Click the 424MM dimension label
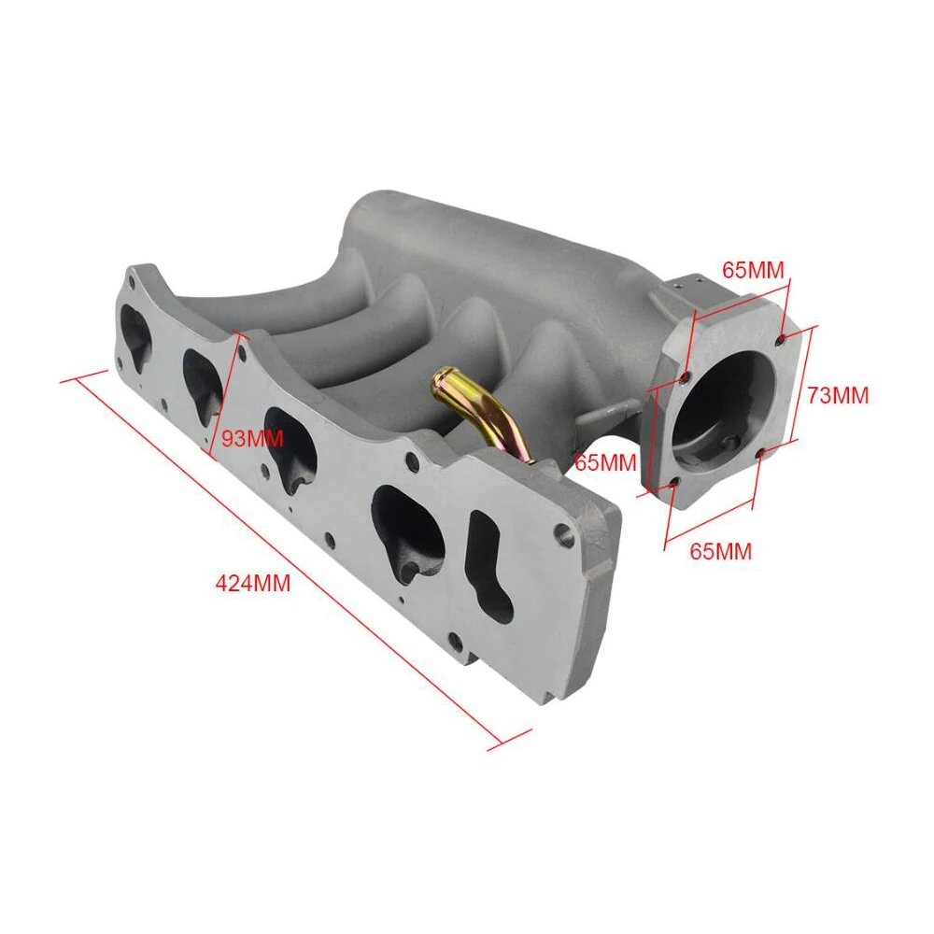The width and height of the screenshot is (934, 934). (252, 583)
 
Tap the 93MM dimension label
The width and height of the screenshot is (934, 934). (252, 439)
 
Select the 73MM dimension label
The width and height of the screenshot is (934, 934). (838, 395)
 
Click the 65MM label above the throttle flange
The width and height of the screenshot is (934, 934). (754, 270)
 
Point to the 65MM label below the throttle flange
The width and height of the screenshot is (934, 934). (721, 551)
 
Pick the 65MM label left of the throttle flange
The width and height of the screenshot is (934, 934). (605, 462)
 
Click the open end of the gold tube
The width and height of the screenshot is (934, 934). (442, 378)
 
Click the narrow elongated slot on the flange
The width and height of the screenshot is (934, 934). (490, 565)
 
